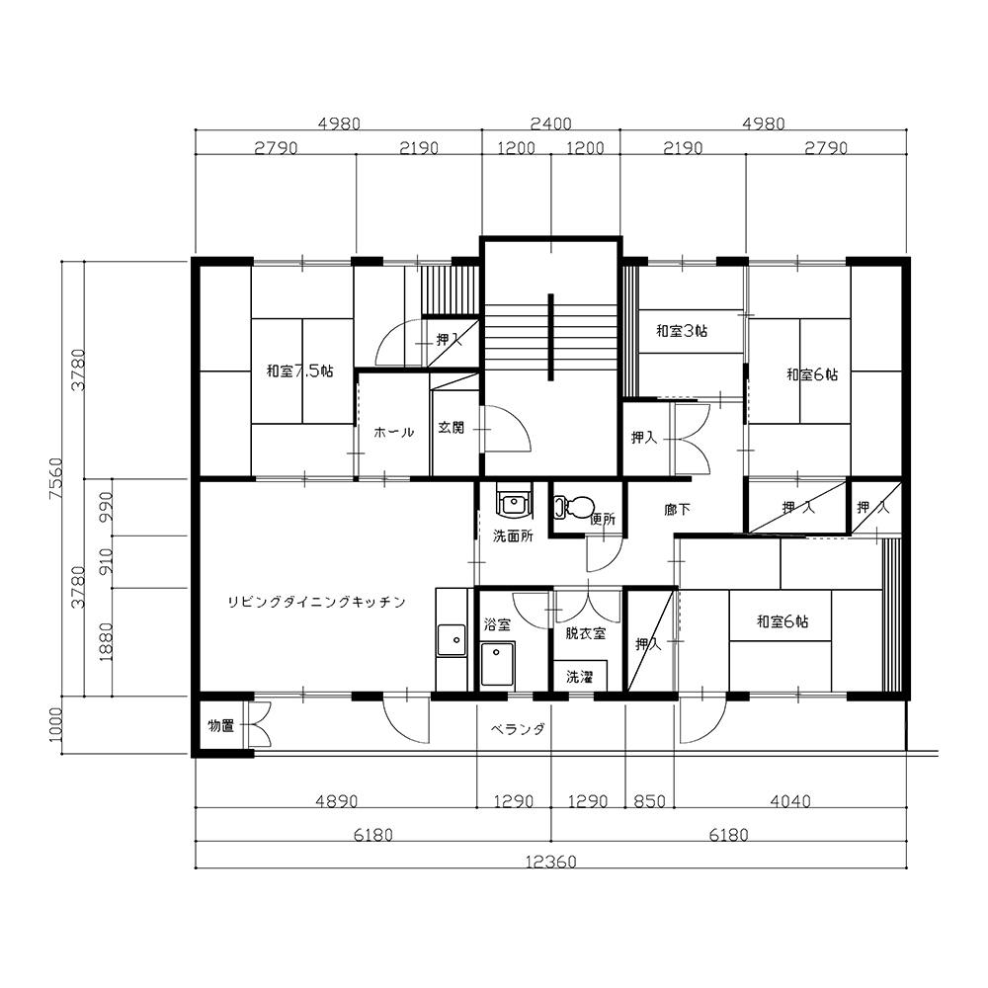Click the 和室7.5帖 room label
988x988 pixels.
pyautogui.click(x=300, y=370)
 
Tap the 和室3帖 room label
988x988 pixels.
pyautogui.click(x=682, y=330)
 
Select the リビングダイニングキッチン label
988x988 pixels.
pyautogui.click(x=316, y=602)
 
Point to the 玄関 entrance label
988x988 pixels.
pyautogui.click(x=452, y=428)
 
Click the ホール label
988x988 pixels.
pyautogui.click(x=394, y=433)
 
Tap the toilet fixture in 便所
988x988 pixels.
pyautogui.click(x=574, y=506)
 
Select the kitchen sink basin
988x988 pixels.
pyautogui.click(x=452, y=640)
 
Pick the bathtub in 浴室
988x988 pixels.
pyautogui.click(x=498, y=664)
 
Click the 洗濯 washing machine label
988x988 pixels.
pyautogui.click(x=580, y=677)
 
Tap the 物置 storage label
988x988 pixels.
pyautogui.click(x=221, y=726)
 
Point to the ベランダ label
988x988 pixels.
pyautogui.click(x=518, y=730)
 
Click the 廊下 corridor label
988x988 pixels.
pyautogui.click(x=678, y=509)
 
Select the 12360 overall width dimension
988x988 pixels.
pyautogui.click(x=551, y=862)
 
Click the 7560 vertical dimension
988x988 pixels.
pyautogui.click(x=55, y=479)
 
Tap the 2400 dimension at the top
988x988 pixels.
pyautogui.click(x=550, y=123)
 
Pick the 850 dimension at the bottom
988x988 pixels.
pyautogui.click(x=650, y=801)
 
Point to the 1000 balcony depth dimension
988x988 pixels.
pyautogui.click(x=55, y=724)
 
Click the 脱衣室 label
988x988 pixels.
pyautogui.click(x=585, y=633)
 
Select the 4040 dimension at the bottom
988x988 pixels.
pyautogui.click(x=790, y=801)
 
